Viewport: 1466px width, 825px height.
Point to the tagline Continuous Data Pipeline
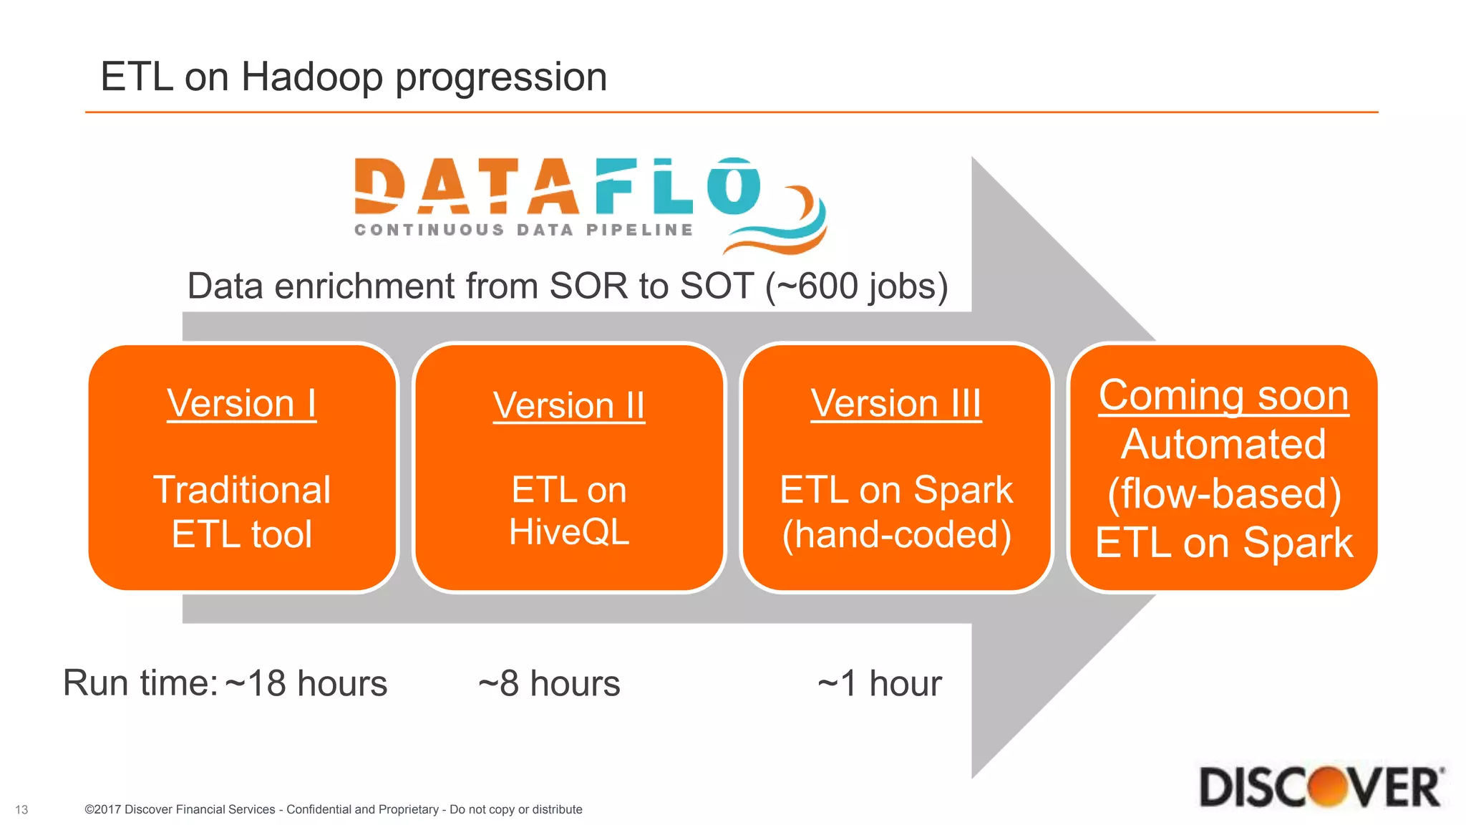click(524, 230)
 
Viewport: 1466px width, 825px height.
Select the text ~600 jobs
click(857, 286)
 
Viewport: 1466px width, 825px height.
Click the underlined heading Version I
click(242, 403)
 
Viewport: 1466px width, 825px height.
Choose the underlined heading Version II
click(569, 406)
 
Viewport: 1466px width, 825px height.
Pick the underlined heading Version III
click(896, 403)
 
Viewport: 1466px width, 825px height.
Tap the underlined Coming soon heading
click(1223, 395)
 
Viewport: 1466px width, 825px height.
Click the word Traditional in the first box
click(242, 491)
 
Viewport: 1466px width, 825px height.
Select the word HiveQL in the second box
click(569, 532)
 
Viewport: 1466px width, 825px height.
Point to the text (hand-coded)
click(896, 535)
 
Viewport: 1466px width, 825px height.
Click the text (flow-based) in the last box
click(1223, 493)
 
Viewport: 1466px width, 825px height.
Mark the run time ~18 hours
click(306, 683)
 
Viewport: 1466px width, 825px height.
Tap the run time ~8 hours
click(549, 683)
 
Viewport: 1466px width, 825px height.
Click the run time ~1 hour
click(880, 683)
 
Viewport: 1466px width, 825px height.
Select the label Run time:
click(140, 683)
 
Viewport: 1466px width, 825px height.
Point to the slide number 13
click(21, 810)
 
